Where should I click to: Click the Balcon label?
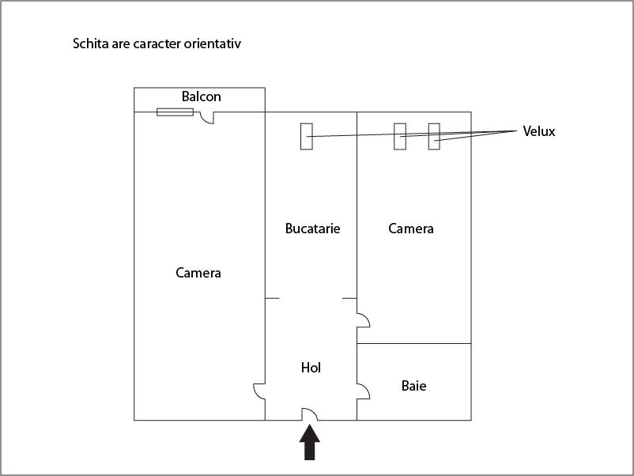coord(201,96)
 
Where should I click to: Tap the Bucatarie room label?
coord(312,229)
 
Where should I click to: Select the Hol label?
coord(311,368)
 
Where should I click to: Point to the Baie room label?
coord(413,386)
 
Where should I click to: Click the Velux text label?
coord(538,131)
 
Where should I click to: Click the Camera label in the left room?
coord(198,273)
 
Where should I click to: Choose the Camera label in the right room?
coord(411,229)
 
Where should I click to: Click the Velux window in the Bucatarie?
coord(306,136)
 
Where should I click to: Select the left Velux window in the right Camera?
coord(400,136)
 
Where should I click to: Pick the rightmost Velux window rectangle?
coord(433,136)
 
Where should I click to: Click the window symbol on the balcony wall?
coord(175,111)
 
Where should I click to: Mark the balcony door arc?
coord(207,118)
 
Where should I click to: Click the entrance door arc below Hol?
coord(309,414)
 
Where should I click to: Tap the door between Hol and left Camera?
coord(259,391)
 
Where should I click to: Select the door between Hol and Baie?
coord(363,391)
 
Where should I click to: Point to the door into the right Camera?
coord(363,319)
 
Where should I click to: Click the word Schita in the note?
coord(91,44)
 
